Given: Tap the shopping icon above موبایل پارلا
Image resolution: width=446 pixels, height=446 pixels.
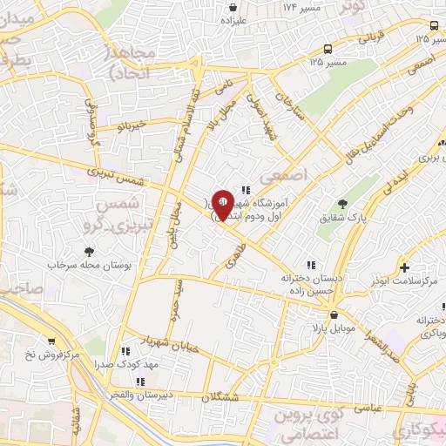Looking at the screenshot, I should pyautogui.click(x=333, y=315).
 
